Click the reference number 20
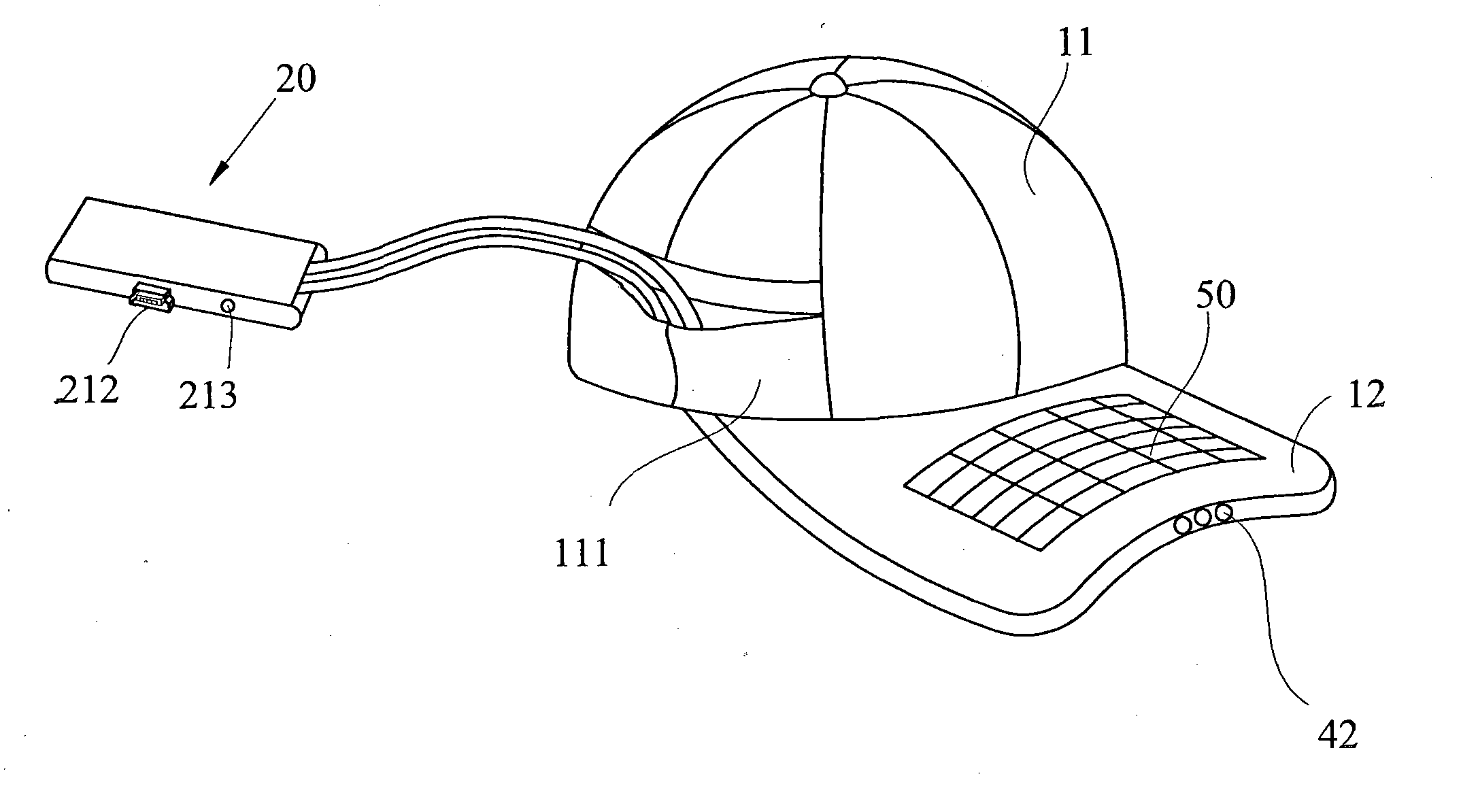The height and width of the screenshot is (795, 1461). (x=297, y=80)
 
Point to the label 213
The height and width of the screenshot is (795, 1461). (x=208, y=394)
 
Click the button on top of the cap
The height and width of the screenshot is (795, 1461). (x=828, y=83)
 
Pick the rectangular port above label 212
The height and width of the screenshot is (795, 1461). (x=151, y=297)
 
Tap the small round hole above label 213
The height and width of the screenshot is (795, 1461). (x=229, y=307)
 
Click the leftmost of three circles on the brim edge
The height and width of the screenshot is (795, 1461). (x=1184, y=524)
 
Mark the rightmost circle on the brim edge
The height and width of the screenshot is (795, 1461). (x=1224, y=511)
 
